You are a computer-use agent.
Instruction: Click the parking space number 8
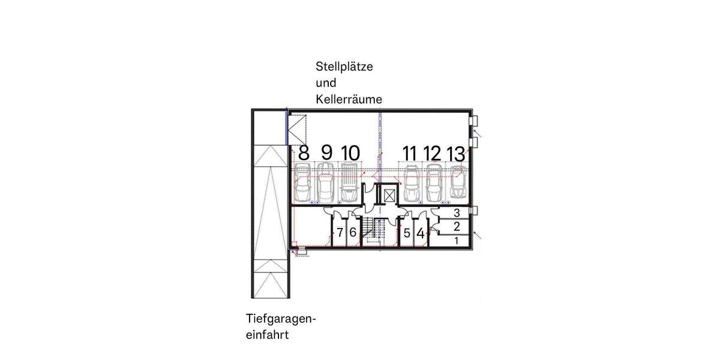tap(304, 153)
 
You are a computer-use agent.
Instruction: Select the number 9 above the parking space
tap(326, 153)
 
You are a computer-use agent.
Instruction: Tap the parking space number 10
tap(350, 153)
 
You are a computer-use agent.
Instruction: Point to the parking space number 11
tap(410, 153)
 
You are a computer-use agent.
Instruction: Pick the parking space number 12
tap(433, 153)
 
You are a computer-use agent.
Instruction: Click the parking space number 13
tap(456, 153)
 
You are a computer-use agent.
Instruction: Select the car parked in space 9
tap(326, 183)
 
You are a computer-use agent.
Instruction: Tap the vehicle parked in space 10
tap(349, 183)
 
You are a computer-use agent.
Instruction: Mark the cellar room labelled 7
tap(340, 232)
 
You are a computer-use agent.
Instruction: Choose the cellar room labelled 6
tap(353, 232)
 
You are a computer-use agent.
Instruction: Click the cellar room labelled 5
tap(407, 233)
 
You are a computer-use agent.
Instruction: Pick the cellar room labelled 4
tap(421, 233)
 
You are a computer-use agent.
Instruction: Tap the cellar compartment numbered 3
tap(457, 213)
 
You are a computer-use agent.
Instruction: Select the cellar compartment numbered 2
tap(457, 227)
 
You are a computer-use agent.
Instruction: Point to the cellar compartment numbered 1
tap(457, 241)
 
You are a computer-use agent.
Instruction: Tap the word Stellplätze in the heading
tap(344, 67)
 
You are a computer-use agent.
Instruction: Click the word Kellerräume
tap(349, 100)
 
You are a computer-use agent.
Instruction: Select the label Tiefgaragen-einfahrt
tap(280, 326)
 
